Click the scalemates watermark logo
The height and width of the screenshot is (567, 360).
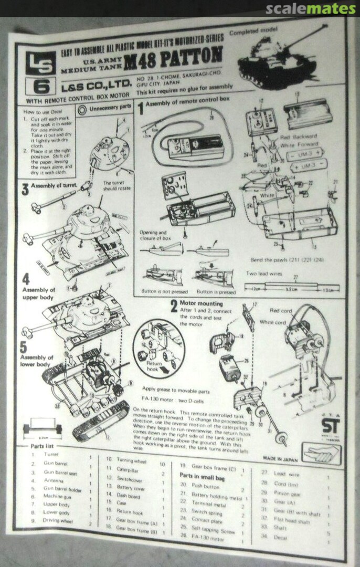(x=310, y=8)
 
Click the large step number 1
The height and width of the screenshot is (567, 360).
(x=140, y=109)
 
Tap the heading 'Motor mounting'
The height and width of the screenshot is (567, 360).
(x=201, y=303)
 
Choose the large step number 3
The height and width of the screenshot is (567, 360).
(x=25, y=188)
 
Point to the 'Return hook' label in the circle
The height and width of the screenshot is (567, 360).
(x=155, y=365)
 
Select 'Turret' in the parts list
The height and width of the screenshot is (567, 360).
(x=51, y=455)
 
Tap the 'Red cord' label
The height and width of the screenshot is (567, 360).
(x=281, y=311)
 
